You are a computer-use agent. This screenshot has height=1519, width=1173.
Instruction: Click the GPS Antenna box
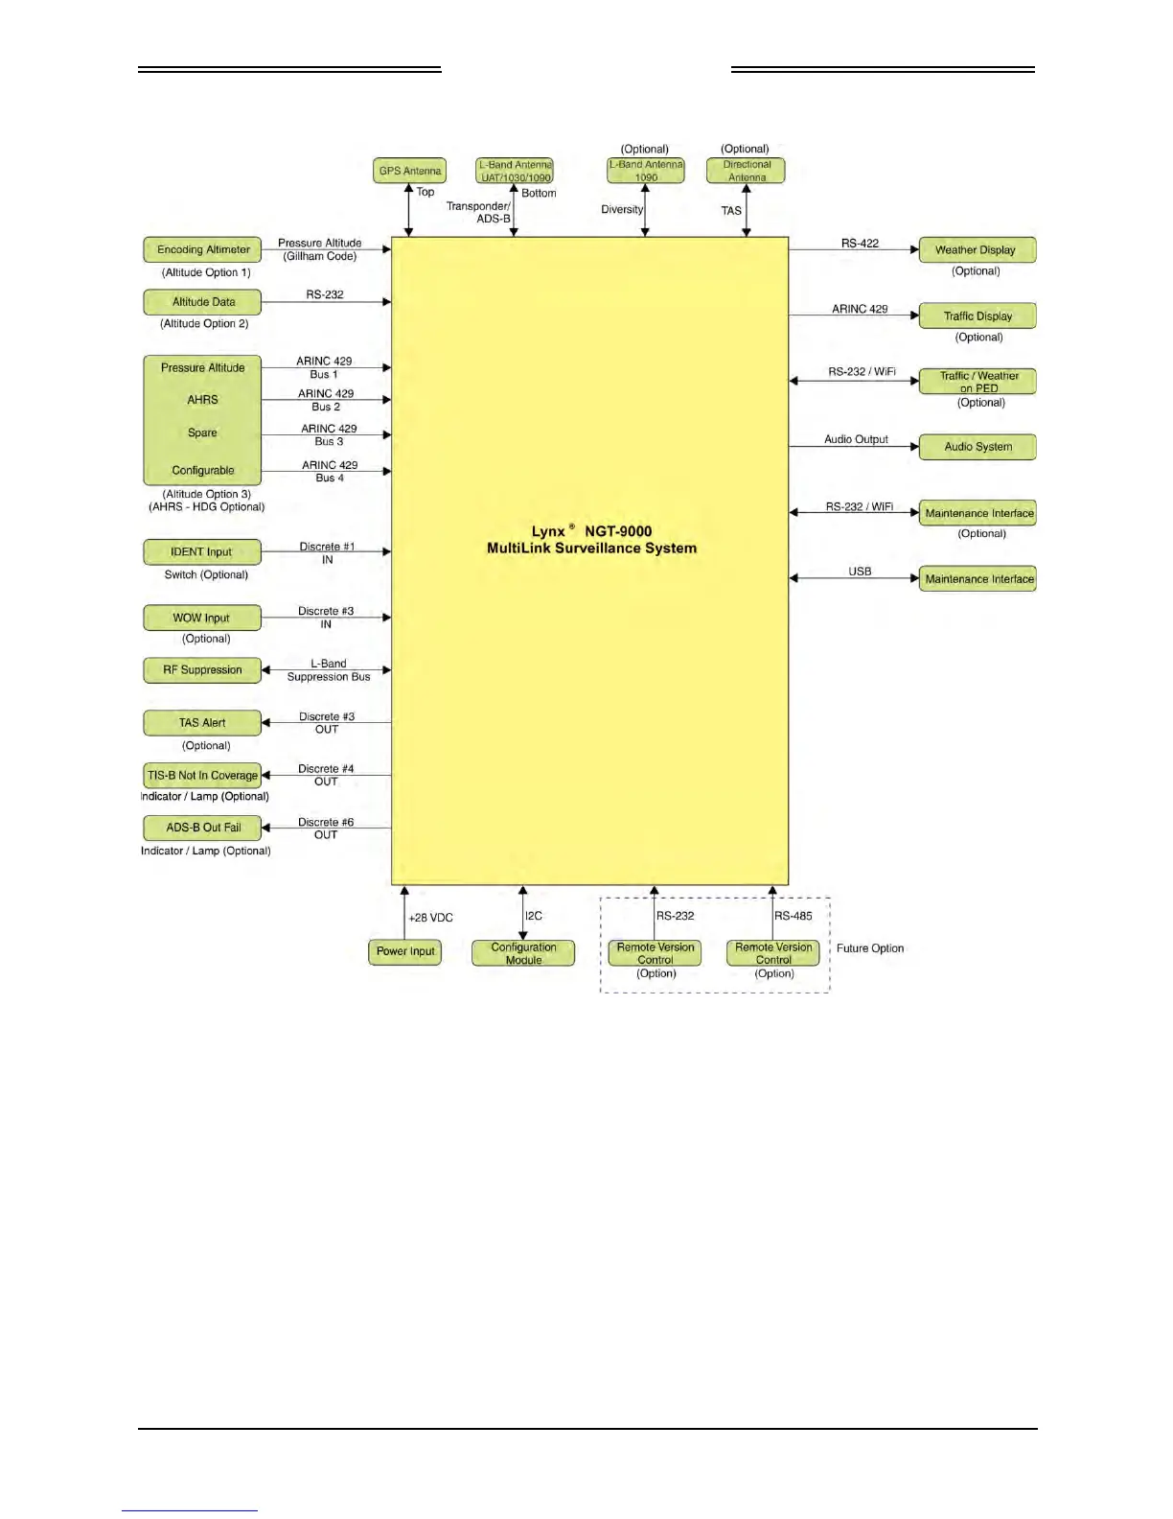coord(409,171)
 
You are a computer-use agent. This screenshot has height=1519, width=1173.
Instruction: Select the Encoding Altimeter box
coord(202,249)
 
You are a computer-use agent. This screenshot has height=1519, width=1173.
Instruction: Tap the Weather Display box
coord(977,249)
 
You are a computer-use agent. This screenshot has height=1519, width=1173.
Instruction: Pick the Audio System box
coord(977,447)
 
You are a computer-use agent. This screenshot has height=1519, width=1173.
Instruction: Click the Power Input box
coord(404,951)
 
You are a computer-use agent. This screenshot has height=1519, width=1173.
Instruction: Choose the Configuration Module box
coord(523,953)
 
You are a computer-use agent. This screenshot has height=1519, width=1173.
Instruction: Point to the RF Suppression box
coord(202,670)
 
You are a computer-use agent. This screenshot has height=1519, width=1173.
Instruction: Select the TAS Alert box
coord(202,723)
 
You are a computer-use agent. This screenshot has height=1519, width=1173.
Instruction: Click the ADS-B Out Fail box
coord(202,828)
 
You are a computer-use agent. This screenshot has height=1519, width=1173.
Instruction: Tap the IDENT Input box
coord(202,552)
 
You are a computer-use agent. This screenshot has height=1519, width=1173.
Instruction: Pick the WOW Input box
coord(202,618)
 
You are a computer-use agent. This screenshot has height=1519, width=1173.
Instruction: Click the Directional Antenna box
coord(746,171)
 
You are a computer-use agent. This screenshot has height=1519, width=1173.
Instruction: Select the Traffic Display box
coord(977,315)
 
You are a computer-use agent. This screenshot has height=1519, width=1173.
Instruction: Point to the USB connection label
coord(860,572)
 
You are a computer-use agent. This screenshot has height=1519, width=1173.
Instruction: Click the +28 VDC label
coord(430,918)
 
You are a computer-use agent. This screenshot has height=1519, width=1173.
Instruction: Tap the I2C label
coord(534,916)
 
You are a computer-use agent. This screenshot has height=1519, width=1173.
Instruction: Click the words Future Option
coord(870,948)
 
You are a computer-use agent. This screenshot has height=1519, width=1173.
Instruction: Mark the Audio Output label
coord(856,439)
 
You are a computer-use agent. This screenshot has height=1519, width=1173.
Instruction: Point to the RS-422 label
coord(860,244)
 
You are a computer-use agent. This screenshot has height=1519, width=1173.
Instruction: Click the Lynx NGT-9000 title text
coord(591,540)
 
